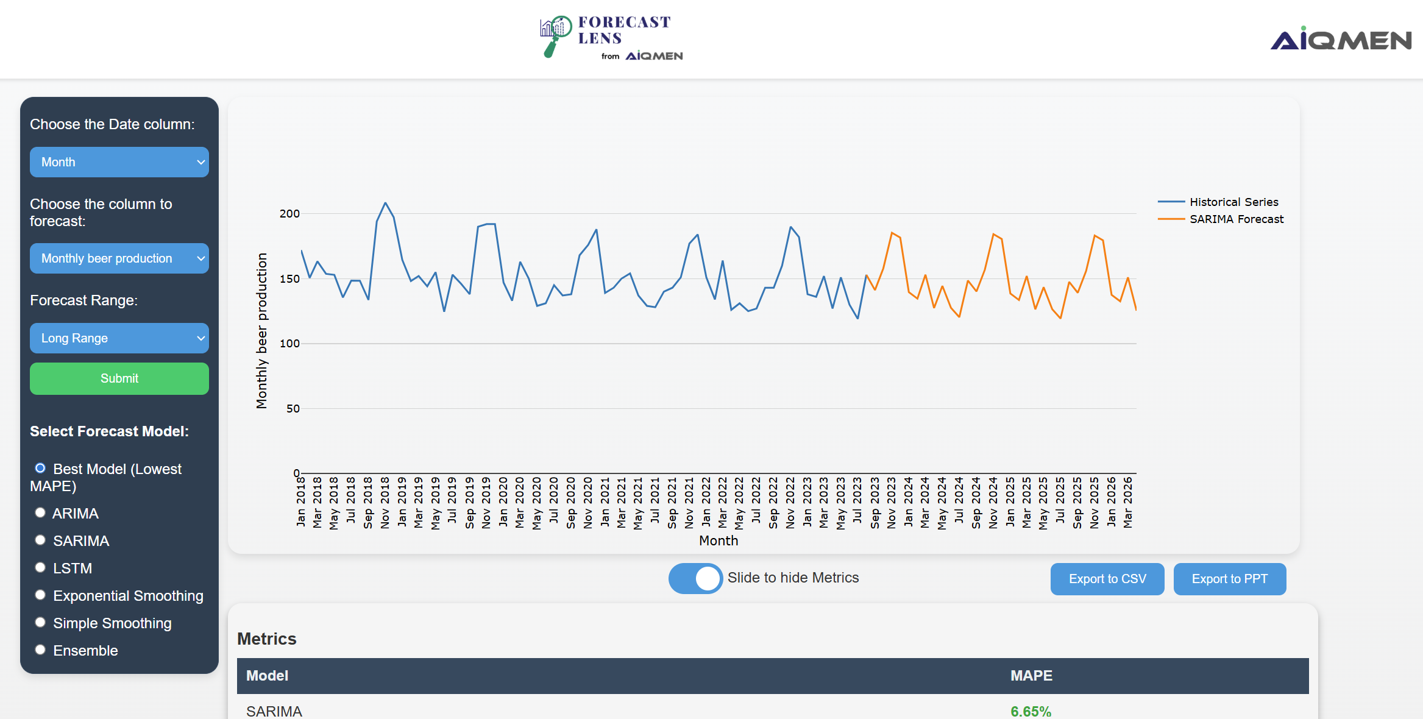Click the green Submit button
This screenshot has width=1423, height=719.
click(x=119, y=378)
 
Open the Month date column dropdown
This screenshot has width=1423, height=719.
click(x=119, y=162)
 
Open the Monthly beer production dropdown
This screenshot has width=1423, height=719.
click(x=119, y=258)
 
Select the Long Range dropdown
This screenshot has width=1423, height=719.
click(x=119, y=338)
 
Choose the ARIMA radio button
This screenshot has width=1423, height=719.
click(x=40, y=513)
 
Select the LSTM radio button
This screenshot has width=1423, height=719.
click(x=40, y=568)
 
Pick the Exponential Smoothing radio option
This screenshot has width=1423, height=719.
click(x=40, y=595)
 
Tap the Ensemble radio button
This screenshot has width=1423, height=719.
click(x=40, y=650)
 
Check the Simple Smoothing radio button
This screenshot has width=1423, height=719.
click(x=40, y=623)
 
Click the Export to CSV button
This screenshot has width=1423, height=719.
click(x=1107, y=579)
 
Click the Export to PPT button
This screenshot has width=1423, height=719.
click(x=1229, y=579)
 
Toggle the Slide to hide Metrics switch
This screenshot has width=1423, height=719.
click(x=695, y=578)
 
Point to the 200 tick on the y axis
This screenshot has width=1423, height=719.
click(x=289, y=214)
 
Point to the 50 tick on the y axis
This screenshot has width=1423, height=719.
click(x=293, y=409)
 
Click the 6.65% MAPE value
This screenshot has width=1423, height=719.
click(x=1031, y=711)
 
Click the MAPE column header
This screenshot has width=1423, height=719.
click(x=1031, y=676)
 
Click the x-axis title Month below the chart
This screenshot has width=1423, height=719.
click(x=719, y=540)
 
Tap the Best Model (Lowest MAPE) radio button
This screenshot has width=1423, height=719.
click(x=40, y=469)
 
